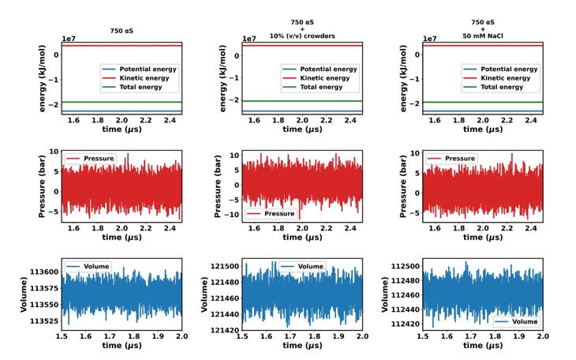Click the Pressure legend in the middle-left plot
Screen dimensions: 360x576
pos(92,158)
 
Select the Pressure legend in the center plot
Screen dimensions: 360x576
pos(272,213)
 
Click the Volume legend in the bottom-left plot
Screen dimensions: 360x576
pos(92,266)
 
